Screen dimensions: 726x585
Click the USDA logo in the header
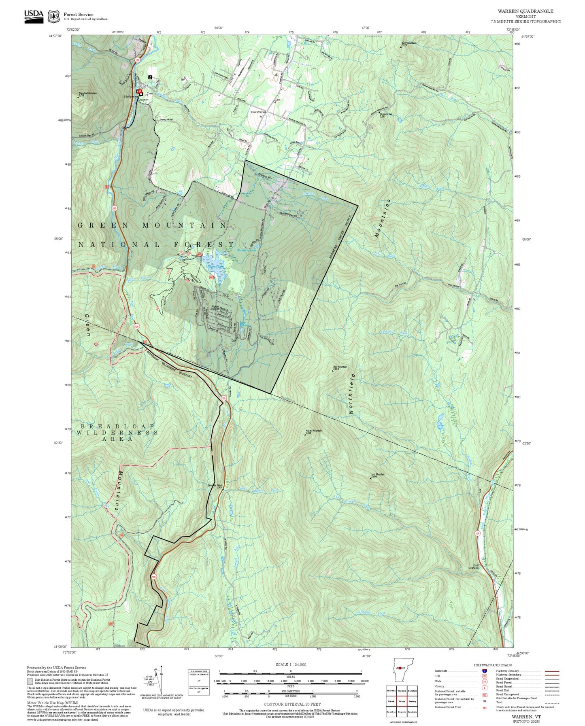[x=34, y=16]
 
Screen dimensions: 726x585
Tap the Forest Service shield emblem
[x=53, y=17]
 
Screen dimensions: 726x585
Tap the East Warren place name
[x=259, y=112]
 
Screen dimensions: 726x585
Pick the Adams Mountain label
[x=313, y=431]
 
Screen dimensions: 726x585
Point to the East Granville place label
[x=474, y=567]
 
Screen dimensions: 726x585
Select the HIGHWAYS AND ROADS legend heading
[x=493, y=665]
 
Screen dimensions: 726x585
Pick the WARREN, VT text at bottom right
[x=526, y=717]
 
